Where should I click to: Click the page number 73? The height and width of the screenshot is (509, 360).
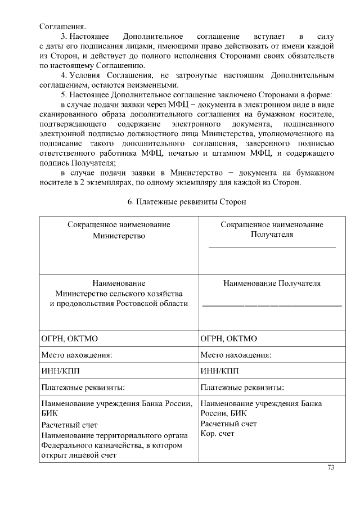coord(331,467)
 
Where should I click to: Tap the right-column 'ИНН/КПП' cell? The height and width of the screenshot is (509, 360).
coord(220,371)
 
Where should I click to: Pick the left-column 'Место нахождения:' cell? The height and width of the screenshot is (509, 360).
coord(76,355)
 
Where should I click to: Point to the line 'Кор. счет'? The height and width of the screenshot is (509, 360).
coord(218,433)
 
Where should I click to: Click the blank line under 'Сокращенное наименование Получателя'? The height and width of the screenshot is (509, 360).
coord(272,247)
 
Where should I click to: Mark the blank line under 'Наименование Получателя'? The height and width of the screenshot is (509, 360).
coord(272,305)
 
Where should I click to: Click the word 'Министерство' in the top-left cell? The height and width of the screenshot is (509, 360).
coord(119,236)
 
